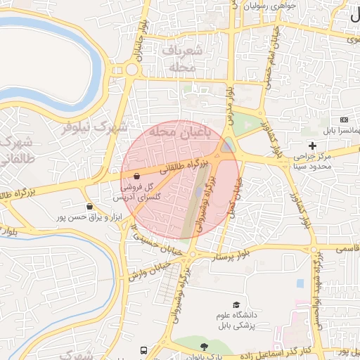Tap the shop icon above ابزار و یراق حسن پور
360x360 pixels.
(x=90, y=206)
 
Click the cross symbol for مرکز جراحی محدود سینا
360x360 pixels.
(x=312, y=145)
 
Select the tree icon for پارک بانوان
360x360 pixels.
(x=204, y=347)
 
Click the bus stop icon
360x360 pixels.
(x=144, y=349)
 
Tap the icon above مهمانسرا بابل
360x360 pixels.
(x=344, y=120)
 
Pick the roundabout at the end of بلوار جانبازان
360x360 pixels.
(x=131, y=69)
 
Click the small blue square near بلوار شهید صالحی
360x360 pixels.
(x=301, y=283)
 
